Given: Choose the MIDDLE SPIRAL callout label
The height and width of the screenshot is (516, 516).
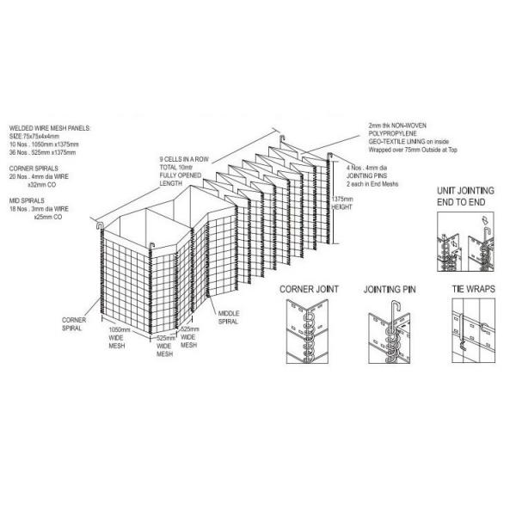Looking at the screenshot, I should click(229, 317).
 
